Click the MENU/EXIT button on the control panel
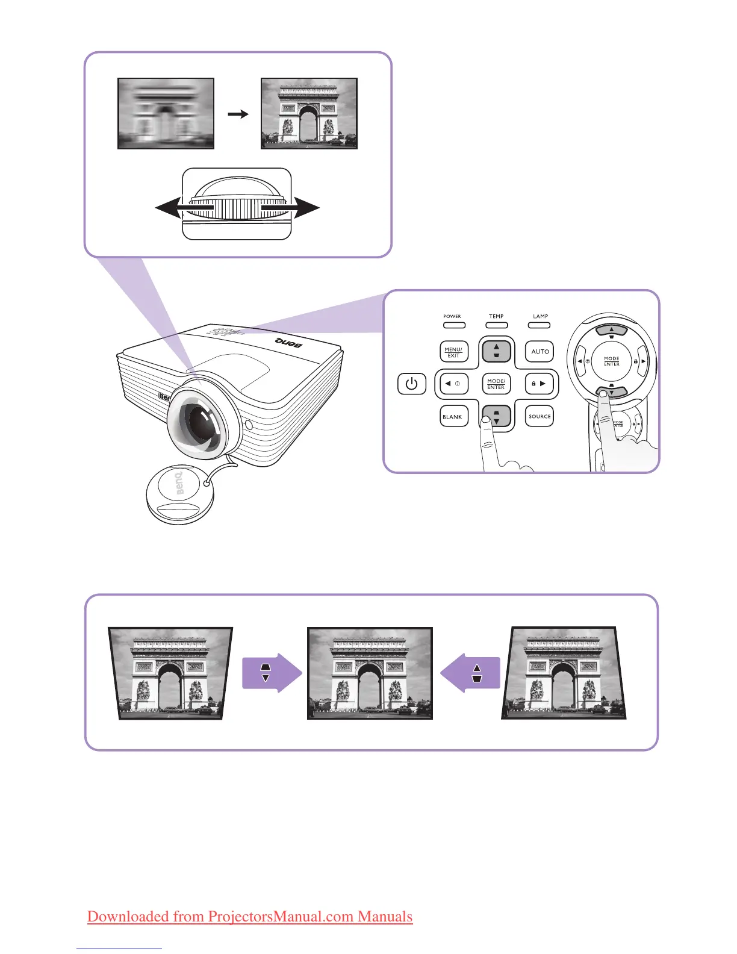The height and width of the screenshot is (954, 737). point(453,352)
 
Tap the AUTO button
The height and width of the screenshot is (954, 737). point(540,351)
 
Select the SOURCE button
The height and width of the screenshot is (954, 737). point(540,416)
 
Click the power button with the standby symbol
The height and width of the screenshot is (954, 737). point(412,384)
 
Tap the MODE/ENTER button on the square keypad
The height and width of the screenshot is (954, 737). point(496,384)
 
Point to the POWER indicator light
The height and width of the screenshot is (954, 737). point(454,325)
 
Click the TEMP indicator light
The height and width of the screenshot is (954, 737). point(496,325)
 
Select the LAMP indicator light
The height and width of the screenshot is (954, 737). point(540,325)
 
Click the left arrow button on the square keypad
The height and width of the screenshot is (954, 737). point(453,384)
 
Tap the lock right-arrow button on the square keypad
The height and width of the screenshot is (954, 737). point(539,384)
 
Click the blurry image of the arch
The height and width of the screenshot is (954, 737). point(166,113)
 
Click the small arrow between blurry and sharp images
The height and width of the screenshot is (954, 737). point(239,113)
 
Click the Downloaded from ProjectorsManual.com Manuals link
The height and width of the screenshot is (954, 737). point(250,917)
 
